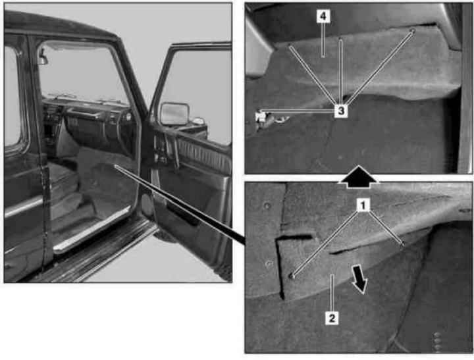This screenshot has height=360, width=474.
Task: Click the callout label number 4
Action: pyautogui.click(x=323, y=16)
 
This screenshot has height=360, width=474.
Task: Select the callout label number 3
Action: pyautogui.click(x=341, y=111)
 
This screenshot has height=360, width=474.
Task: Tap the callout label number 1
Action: pyautogui.click(x=363, y=205)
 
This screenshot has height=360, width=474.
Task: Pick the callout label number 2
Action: pyautogui.click(x=332, y=318)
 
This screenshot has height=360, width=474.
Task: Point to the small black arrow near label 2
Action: pyautogui.click(x=359, y=278)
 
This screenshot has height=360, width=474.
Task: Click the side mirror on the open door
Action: pyautogui.click(x=174, y=113)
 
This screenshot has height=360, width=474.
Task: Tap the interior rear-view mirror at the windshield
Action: pyautogui.click(x=43, y=59)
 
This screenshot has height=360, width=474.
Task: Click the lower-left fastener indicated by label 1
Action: pyautogui.click(x=292, y=276)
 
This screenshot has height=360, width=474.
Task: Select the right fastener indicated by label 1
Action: pyautogui.click(x=402, y=243)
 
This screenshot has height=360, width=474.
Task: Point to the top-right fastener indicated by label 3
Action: pyautogui.click(x=413, y=31)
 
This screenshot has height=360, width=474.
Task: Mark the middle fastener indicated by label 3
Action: pyautogui.click(x=340, y=39)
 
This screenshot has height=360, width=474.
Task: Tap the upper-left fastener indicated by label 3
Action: pyautogui.click(x=290, y=45)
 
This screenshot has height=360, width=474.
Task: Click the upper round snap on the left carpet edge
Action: pyautogui.click(x=267, y=206)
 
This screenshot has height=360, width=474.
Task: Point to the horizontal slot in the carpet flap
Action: pyautogui.click(x=294, y=238)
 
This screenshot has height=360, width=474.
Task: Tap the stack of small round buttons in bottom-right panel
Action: pyautogui.click(x=437, y=342)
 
